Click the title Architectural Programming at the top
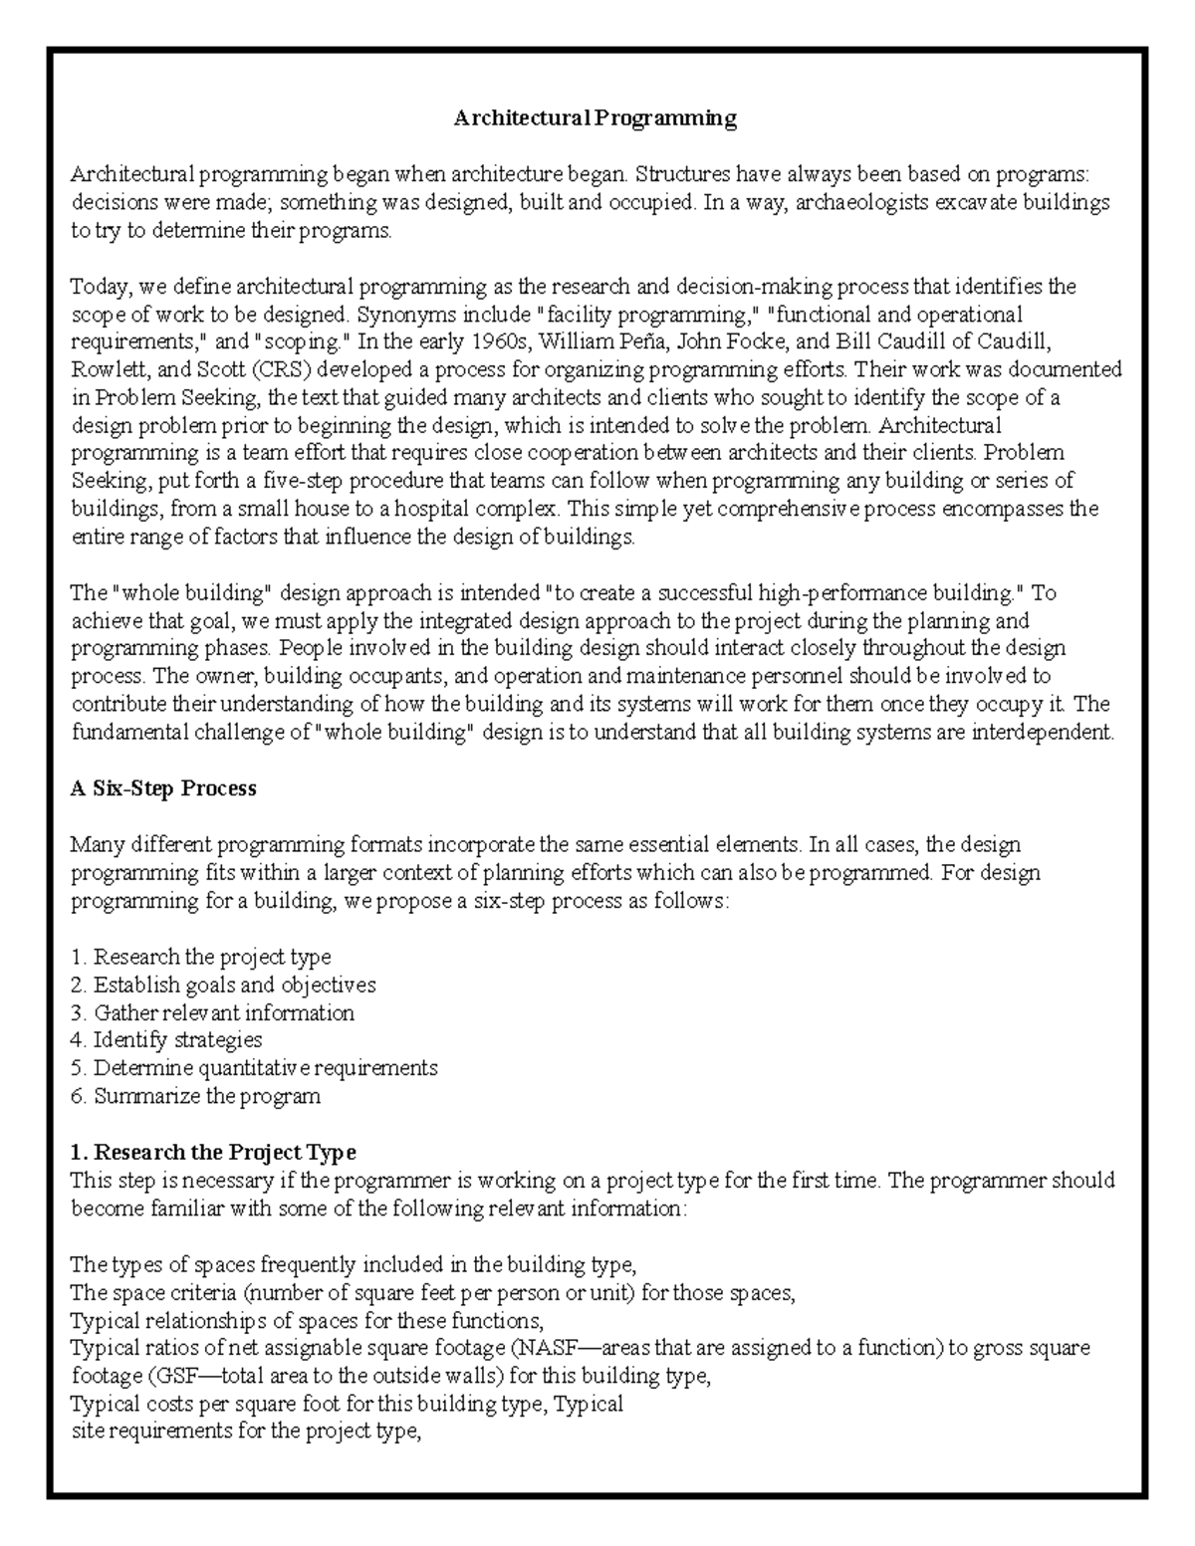(x=596, y=118)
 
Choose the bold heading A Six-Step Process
(x=163, y=788)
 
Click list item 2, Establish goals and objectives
(x=224, y=985)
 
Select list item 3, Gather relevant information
(x=213, y=1012)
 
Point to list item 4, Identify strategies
(x=167, y=1040)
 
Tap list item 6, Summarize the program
(x=196, y=1096)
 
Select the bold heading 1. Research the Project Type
(x=213, y=1152)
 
